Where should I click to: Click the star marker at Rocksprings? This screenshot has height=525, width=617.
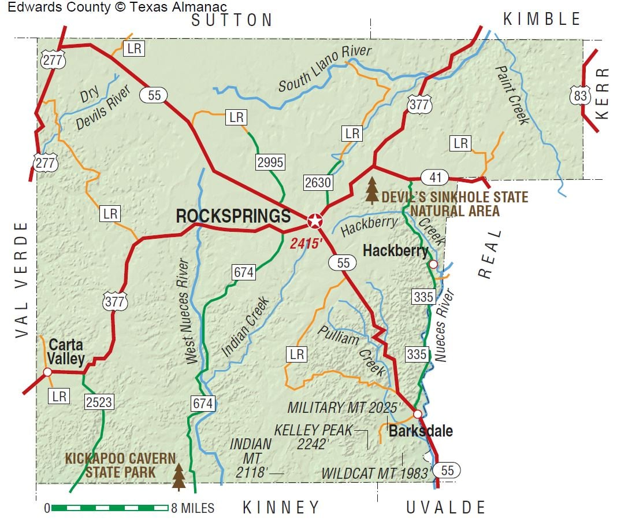(x=315, y=220)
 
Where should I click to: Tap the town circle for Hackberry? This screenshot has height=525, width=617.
(x=433, y=264)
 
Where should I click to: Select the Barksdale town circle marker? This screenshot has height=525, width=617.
(x=417, y=414)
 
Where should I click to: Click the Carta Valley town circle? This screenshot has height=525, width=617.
(x=47, y=372)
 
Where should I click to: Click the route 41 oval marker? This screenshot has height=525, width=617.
(x=434, y=177)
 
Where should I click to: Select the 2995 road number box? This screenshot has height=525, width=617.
(x=270, y=162)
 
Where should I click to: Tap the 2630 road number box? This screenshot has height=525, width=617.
(x=318, y=183)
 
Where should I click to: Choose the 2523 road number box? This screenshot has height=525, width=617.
(x=99, y=401)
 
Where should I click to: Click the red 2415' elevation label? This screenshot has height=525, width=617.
(x=305, y=243)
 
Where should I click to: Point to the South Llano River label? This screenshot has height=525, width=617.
(x=325, y=68)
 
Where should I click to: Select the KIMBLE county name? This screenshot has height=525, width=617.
(x=541, y=19)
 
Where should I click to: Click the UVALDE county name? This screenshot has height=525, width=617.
(x=445, y=508)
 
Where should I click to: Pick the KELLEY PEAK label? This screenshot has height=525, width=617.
(x=313, y=430)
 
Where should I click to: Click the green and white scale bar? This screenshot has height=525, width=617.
(x=109, y=508)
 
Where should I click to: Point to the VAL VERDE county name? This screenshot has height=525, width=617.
(x=22, y=280)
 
